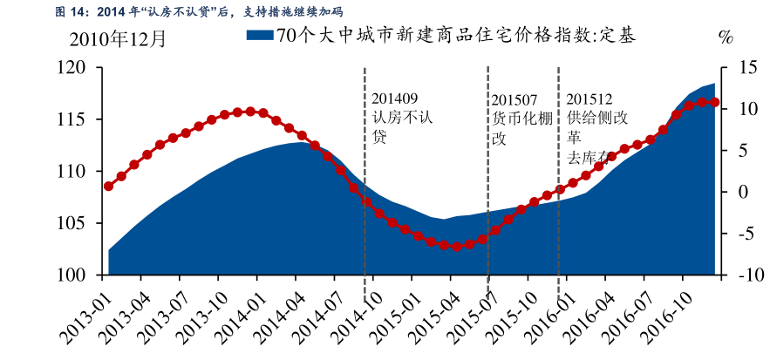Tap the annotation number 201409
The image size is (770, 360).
click(x=394, y=98)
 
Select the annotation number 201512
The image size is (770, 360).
click(x=589, y=98)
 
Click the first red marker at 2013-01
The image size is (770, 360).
click(x=109, y=186)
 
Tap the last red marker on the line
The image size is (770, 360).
click(x=715, y=102)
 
